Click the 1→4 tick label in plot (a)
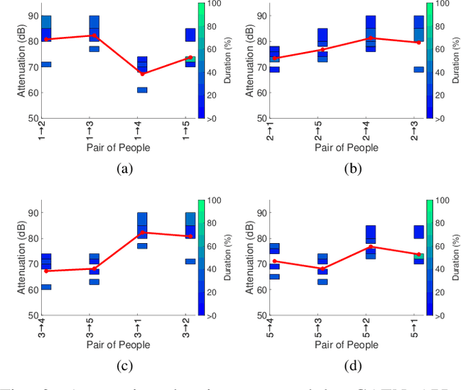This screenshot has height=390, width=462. pyautogui.click(x=141, y=130)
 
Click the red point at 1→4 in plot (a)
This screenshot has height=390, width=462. pyautogui.click(x=142, y=74)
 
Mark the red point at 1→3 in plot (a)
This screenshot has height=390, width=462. pyautogui.click(x=95, y=35)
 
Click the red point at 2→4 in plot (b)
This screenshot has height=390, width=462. pyautogui.click(x=370, y=38)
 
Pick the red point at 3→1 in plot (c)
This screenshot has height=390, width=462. pyautogui.click(x=142, y=232)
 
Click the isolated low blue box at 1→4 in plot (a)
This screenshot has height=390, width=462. pyautogui.click(x=142, y=90)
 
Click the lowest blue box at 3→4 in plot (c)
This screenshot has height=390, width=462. pyautogui.click(x=46, y=287)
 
